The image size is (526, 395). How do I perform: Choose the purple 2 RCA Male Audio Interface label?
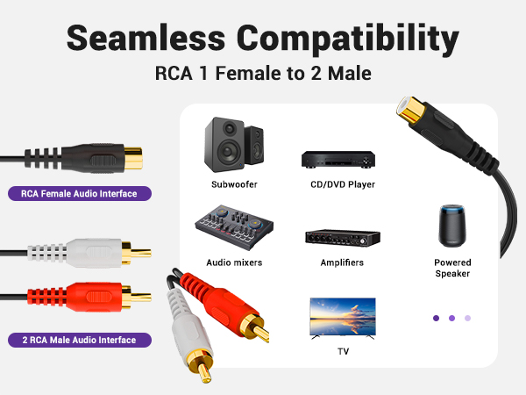pyautogui.click(x=80, y=339)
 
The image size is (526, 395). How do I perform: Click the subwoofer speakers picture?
pyautogui.click(x=233, y=142)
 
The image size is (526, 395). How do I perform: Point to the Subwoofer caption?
pyautogui.click(x=234, y=184)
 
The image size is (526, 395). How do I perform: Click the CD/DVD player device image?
pyautogui.click(x=338, y=159)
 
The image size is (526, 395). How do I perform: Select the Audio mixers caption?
pyautogui.click(x=234, y=262)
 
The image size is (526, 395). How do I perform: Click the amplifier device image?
pyautogui.click(x=342, y=237)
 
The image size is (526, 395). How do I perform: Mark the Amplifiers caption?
pyautogui.click(x=341, y=262)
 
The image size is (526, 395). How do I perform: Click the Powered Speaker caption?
pyautogui.click(x=452, y=268)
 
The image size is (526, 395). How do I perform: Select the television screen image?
pyautogui.click(x=342, y=317)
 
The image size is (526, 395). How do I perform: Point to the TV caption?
pyautogui.click(x=343, y=351)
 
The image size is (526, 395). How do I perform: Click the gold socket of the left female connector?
pyautogui.click(x=134, y=158)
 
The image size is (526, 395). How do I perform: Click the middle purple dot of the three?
pyautogui.click(x=451, y=318)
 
